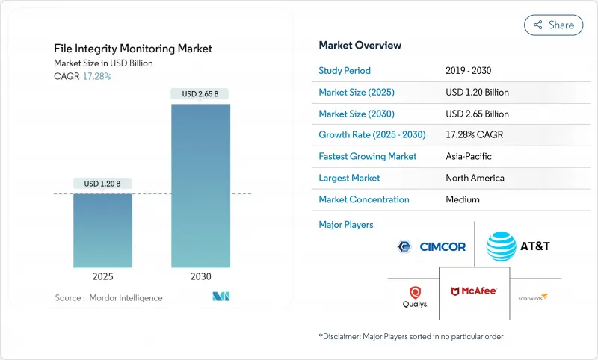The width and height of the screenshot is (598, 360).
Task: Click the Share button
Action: [553, 25]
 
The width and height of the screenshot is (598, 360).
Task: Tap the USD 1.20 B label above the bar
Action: [102, 184]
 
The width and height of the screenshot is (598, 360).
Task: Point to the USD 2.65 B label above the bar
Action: [200, 94]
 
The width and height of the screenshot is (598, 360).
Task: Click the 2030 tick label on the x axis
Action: [200, 276]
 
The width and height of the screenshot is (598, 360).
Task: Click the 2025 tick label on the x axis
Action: [102, 276]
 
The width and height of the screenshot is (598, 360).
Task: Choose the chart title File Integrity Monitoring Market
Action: [133, 49]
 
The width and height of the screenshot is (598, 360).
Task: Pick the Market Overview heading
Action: [360, 45]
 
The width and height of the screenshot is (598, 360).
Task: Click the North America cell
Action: [475, 178]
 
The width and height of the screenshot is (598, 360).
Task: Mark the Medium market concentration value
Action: [462, 199]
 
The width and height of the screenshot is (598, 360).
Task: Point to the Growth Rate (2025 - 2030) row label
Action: [372, 135]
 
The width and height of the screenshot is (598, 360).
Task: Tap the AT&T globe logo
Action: [501, 246]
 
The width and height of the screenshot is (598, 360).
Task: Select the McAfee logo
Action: [474, 290]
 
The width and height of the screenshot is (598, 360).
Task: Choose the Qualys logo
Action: [415, 297]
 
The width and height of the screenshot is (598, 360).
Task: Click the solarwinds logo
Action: [533, 297]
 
